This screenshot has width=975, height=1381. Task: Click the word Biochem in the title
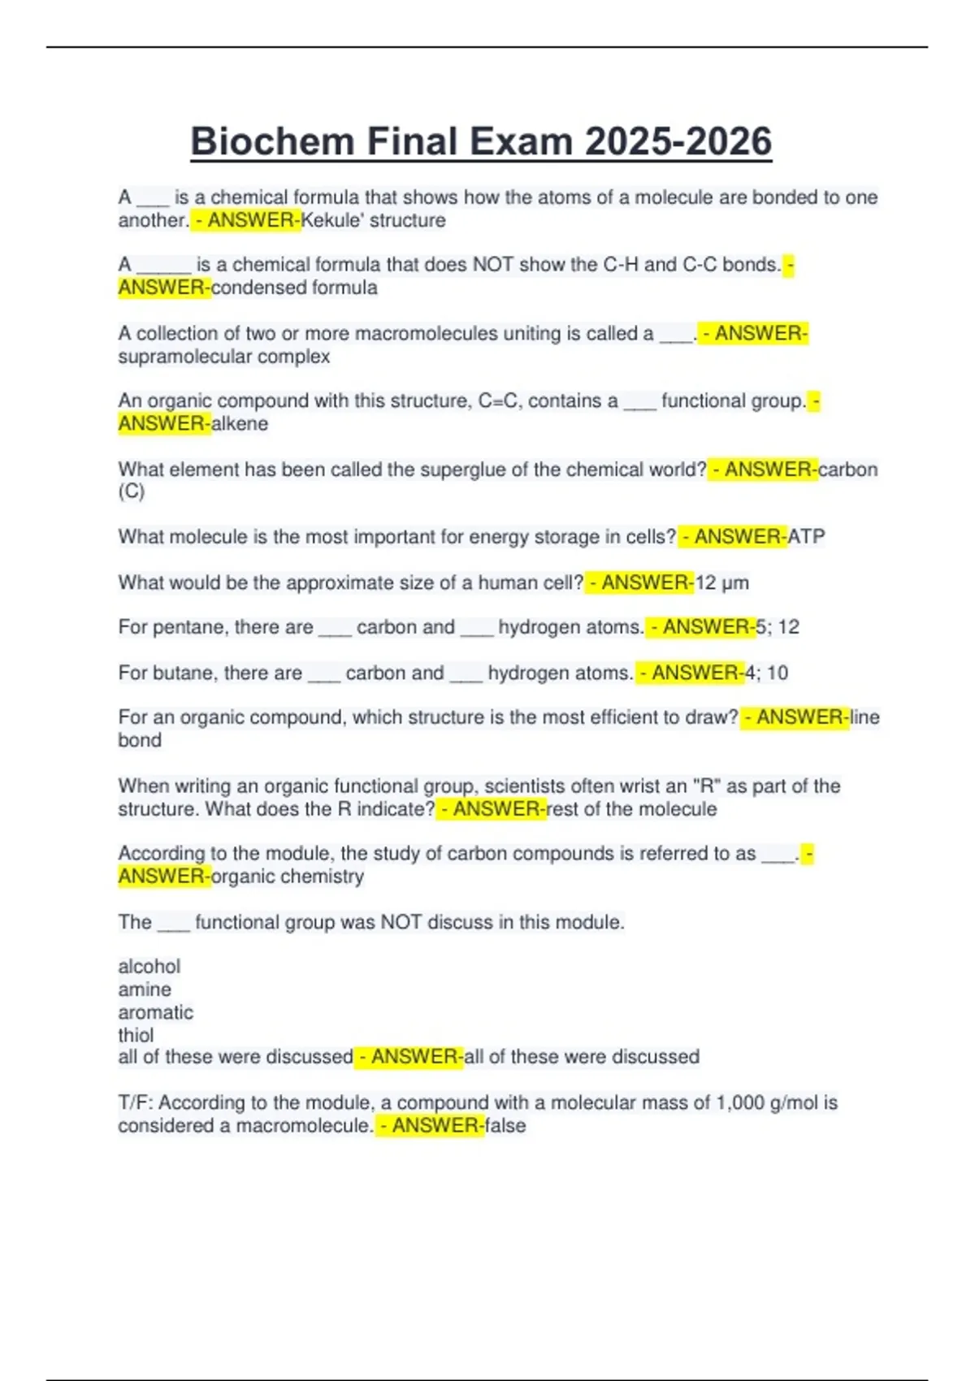pyautogui.click(x=273, y=141)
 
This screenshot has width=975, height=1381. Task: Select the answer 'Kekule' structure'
pyautogui.click(x=374, y=220)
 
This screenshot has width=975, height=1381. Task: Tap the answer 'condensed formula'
pyautogui.click(x=294, y=288)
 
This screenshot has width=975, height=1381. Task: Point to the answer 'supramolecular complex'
pyautogui.click(x=224, y=357)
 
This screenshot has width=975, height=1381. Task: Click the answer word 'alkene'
pyautogui.click(x=240, y=423)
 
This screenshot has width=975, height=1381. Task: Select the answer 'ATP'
pyautogui.click(x=806, y=537)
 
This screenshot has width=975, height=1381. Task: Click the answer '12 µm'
pyautogui.click(x=722, y=582)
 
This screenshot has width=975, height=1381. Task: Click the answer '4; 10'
pyautogui.click(x=766, y=673)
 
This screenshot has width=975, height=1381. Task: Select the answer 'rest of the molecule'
pyautogui.click(x=632, y=809)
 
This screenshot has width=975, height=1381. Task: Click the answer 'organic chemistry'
pyautogui.click(x=288, y=877)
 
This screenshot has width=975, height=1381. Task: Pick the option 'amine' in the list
pyautogui.click(x=145, y=989)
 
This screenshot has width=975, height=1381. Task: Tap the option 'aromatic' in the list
pyautogui.click(x=156, y=1012)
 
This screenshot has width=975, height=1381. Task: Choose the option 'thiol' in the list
pyautogui.click(x=136, y=1035)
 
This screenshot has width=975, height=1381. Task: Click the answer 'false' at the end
pyautogui.click(x=505, y=1126)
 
